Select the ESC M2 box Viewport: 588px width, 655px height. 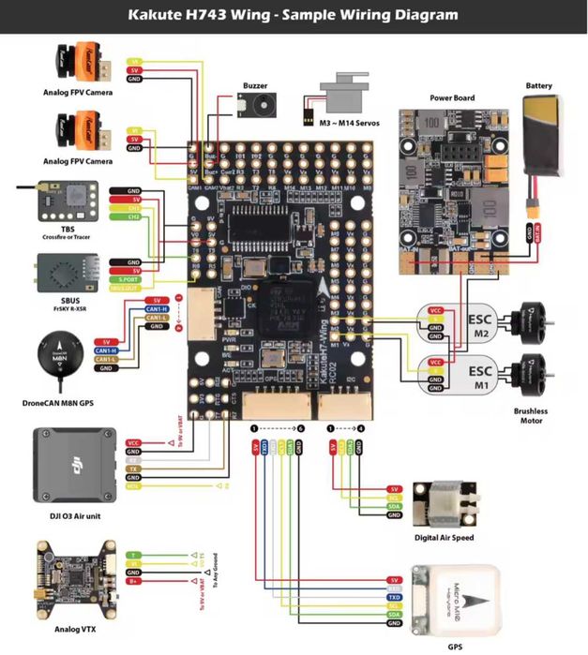pos(479,325)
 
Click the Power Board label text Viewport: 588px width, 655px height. pos(452,98)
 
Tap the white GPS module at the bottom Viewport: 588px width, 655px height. pos(470,600)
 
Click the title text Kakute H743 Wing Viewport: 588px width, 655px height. pos(294,15)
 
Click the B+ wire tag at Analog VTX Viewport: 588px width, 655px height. pos(134,582)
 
